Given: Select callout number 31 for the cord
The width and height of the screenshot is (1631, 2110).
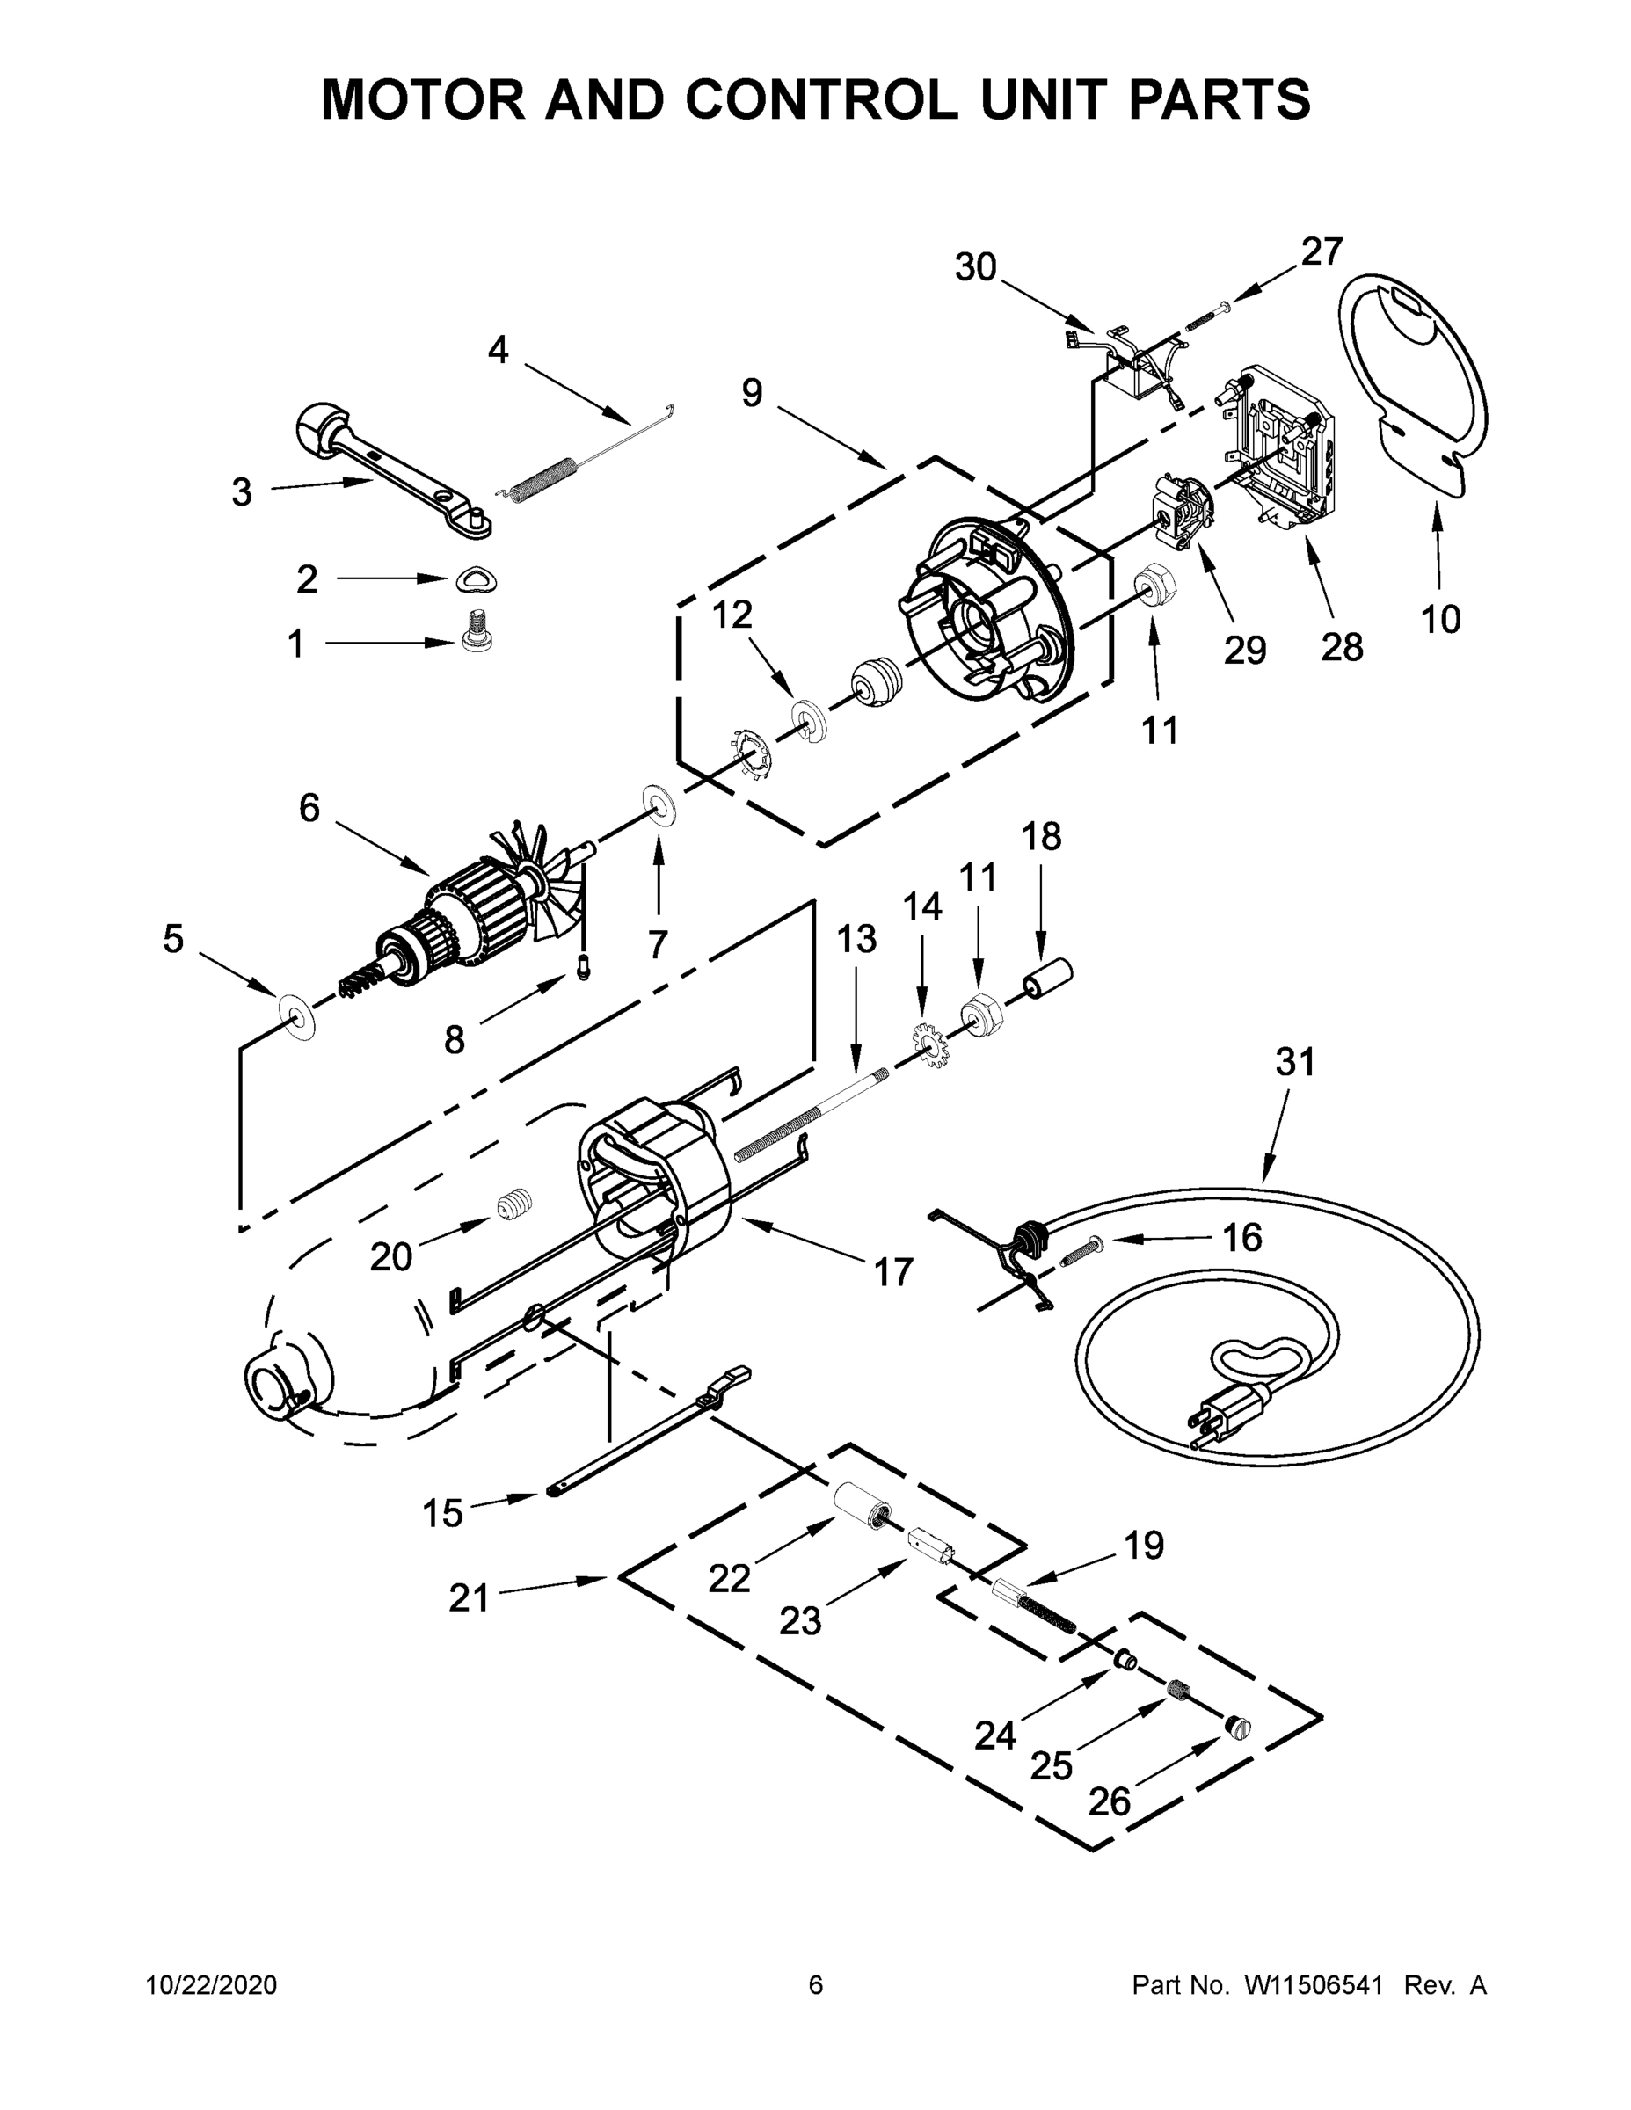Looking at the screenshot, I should (x=1296, y=1062).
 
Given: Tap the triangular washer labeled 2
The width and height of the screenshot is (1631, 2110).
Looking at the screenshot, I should (x=476, y=579).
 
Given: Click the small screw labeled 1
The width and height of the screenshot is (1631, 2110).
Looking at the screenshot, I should (x=473, y=631).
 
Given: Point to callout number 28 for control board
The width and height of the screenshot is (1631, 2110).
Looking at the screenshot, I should (x=1341, y=646).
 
